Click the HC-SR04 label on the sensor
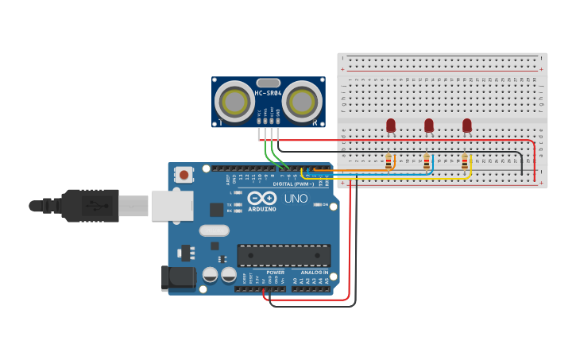point(268,94)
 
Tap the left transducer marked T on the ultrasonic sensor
point(235,102)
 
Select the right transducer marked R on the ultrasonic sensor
point(302,102)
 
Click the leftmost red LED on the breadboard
point(391,125)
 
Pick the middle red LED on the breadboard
point(429,125)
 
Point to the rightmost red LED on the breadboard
point(467,125)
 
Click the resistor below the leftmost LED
point(389,162)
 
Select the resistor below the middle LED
point(427,162)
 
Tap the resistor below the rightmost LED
point(465,162)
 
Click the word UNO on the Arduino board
point(296,199)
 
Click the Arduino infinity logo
point(261,198)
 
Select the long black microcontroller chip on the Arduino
point(284,255)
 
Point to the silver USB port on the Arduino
point(172,205)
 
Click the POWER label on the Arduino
point(275,272)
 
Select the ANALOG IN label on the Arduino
point(315,272)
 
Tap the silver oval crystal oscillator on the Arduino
point(214,230)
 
